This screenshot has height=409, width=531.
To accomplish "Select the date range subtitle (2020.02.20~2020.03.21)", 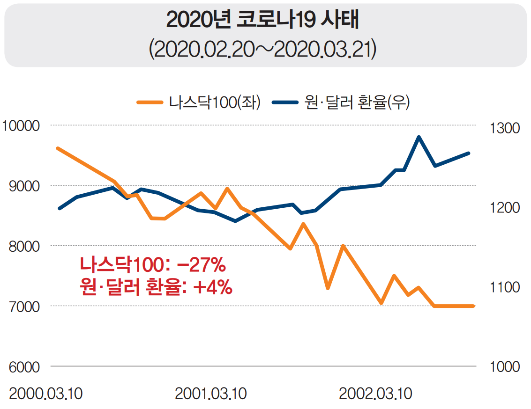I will coord(262,50).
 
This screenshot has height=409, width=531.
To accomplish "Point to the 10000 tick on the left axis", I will coord(21,125).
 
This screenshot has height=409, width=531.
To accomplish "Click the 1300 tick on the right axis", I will coord(505,128).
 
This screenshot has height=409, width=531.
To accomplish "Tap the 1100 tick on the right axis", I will coord(505,287).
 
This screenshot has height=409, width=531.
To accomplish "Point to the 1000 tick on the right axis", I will coord(505,366).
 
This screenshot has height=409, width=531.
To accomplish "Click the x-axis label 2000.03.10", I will coord(45,394).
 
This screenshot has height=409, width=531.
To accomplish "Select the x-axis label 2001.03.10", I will coord(211,394).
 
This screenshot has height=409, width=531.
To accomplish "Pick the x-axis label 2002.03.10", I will coord(376,394).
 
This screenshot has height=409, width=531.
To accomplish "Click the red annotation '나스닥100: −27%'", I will coord(153,265).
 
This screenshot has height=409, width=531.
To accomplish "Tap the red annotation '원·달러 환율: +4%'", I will coord(156,287).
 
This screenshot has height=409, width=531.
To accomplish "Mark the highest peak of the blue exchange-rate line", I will coord(419,137).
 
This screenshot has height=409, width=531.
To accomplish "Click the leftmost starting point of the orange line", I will coord(58,148).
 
